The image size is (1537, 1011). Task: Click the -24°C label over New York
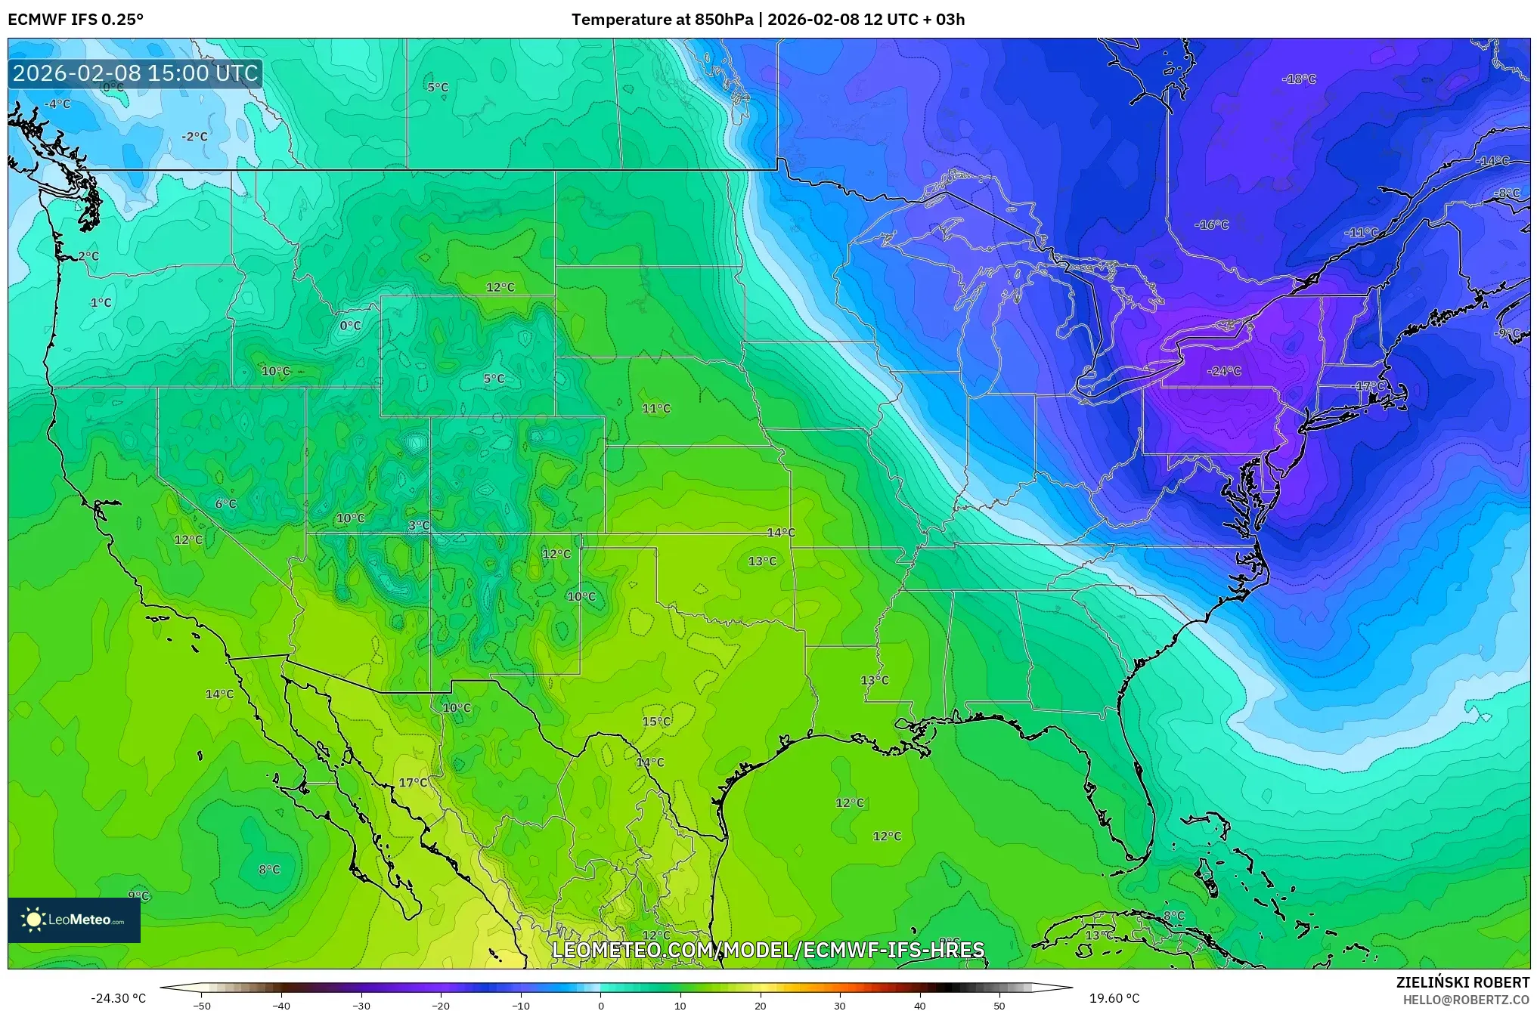pos(1224,371)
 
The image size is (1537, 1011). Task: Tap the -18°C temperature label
pos(1299,79)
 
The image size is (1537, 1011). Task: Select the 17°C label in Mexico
pos(413,782)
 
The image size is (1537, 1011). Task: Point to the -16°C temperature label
pos(1211,224)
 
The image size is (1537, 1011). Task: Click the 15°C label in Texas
pos(656,721)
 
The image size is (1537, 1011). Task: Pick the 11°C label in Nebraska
pos(656,409)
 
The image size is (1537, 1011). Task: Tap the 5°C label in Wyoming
pos(494,379)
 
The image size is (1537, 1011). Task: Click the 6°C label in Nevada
pos(225,503)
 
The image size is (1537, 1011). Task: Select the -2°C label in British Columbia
pos(194,137)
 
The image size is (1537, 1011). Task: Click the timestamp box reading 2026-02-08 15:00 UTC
pos(135,73)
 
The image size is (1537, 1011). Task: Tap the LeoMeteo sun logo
pos(33,919)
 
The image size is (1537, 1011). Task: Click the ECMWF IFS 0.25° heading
pos(75,20)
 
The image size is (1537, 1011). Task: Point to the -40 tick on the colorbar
pos(281,1005)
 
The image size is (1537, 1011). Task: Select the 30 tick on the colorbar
pos(839,1005)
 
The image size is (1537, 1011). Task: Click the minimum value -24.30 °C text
pos(118,998)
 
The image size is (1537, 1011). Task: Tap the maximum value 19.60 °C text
pos(1114,998)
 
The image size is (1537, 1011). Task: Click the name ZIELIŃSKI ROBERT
pos(1462,982)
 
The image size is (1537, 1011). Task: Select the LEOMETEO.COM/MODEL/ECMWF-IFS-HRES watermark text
pos(768,950)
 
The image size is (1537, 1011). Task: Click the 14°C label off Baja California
pos(219,694)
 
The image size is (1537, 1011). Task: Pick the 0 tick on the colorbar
pos(600,1005)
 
